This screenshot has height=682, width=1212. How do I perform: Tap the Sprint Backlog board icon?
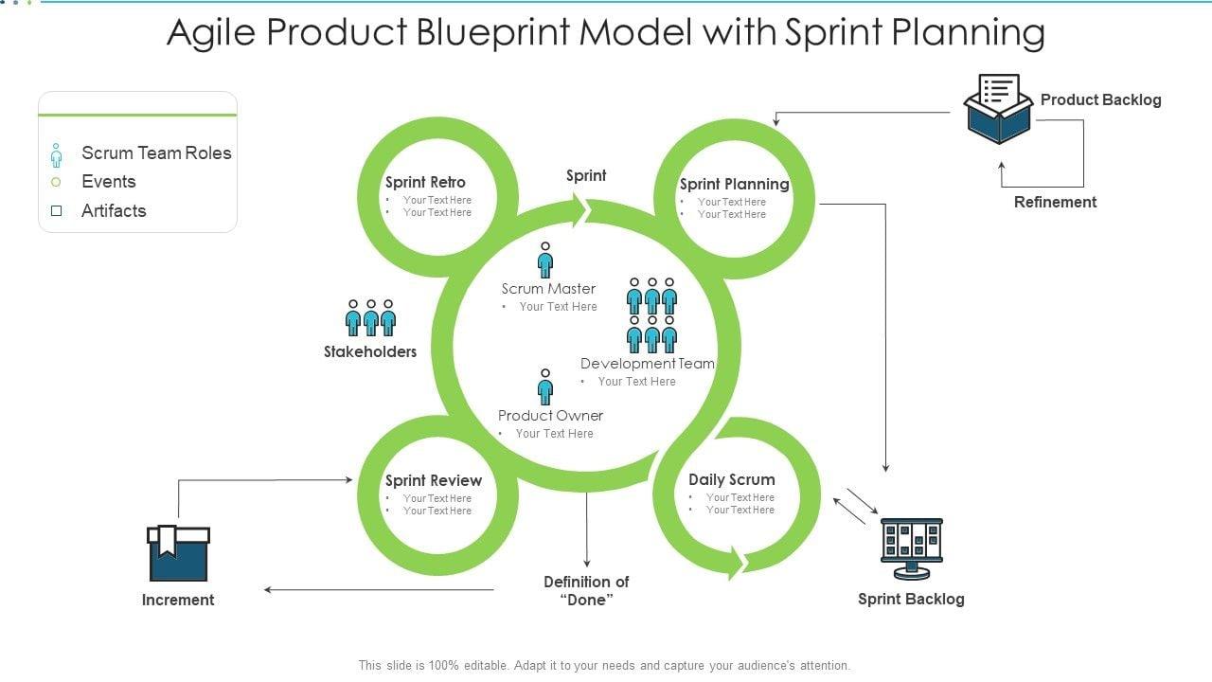point(911,547)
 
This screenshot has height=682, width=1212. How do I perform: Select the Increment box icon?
point(178,553)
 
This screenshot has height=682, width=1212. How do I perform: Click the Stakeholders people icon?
point(370,318)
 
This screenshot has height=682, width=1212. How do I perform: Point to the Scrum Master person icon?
point(545,260)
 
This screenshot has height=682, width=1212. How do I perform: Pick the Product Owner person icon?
point(545,386)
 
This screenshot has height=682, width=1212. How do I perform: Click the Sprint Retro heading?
point(425,182)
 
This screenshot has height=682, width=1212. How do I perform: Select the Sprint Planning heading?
point(734,184)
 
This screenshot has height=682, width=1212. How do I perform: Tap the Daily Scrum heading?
point(731,479)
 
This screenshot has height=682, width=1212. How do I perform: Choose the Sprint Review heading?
point(433,480)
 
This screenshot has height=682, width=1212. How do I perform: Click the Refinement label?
point(1055,202)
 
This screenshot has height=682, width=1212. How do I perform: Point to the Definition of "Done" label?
point(586,591)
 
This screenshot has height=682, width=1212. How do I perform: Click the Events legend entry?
point(108,182)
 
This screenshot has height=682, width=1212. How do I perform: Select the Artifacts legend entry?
point(114,211)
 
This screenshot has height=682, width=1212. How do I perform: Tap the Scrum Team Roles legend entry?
point(156,153)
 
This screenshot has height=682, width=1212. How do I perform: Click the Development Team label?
point(648,364)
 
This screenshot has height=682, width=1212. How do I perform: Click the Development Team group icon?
point(651,315)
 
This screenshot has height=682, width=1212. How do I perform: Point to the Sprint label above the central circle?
point(586,175)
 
